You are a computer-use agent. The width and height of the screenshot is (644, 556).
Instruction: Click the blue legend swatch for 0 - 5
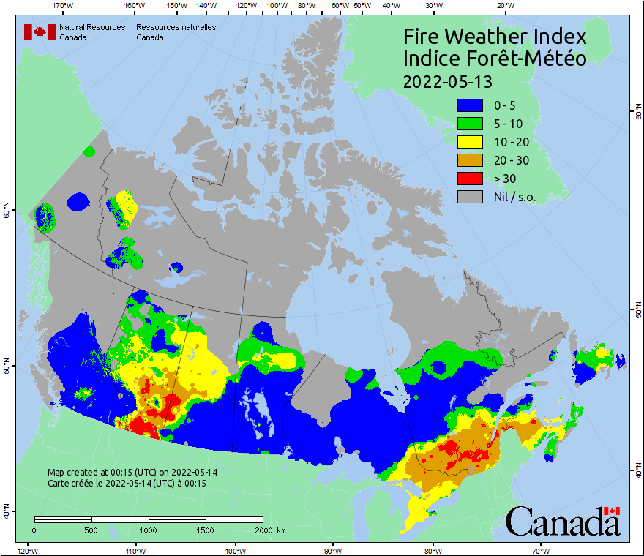470,105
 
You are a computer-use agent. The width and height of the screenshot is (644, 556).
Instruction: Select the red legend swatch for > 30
470,179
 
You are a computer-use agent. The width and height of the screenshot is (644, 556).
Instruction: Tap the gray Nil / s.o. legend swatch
470,197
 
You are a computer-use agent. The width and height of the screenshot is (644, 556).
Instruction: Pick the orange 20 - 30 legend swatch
470,160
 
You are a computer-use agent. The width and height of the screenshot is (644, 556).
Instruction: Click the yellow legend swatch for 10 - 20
470,142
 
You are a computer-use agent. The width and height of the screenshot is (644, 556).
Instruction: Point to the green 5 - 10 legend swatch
470,124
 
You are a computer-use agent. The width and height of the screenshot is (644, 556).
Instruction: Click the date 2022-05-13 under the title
447,80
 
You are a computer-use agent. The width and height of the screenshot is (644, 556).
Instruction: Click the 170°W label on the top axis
64,6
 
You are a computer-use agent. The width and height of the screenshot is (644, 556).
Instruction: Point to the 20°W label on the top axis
504,6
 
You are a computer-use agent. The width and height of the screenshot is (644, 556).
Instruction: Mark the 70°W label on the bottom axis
541,550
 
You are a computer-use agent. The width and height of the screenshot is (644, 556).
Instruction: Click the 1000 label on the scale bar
149,530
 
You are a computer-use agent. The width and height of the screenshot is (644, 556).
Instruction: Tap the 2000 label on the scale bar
262,530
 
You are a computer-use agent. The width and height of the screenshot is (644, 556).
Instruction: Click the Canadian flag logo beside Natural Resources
40,32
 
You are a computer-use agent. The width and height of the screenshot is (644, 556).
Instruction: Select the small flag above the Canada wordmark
613,511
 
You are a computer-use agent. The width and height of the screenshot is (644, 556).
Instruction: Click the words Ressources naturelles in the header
176,27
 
